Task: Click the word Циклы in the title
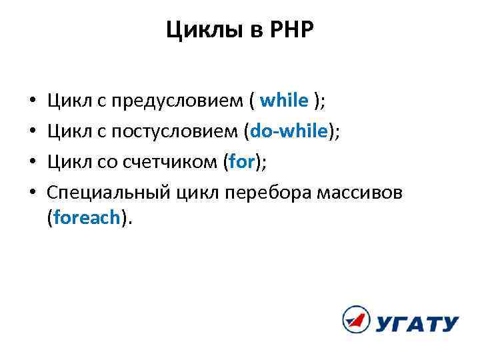194,29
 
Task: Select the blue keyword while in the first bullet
284,101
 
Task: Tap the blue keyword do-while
288,131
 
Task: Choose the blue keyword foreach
85,218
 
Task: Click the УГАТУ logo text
417,324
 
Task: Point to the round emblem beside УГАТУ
355,320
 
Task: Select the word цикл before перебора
199,193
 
